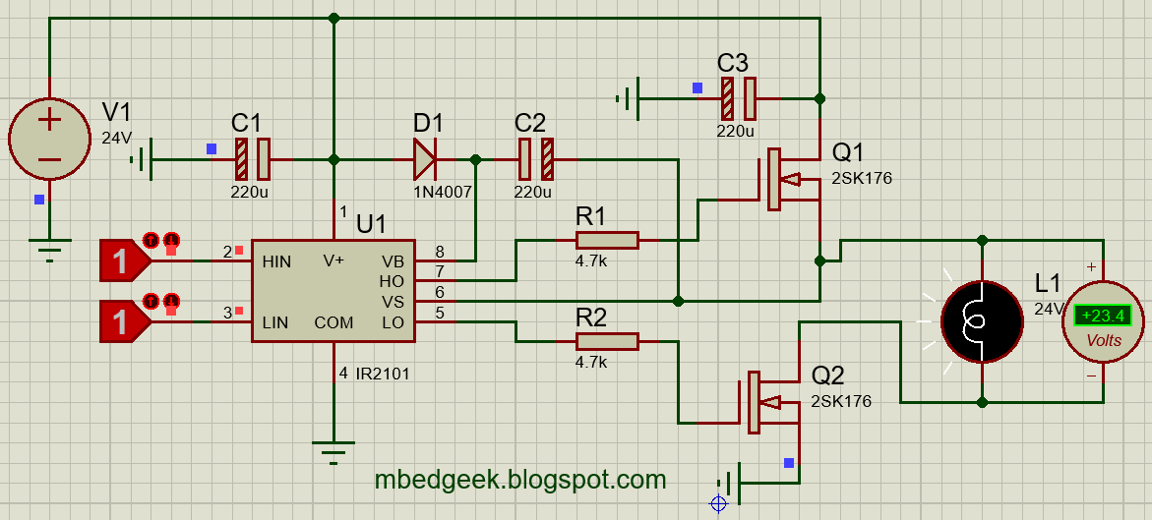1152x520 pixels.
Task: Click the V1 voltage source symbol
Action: (x=48, y=139)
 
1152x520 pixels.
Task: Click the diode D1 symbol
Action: (x=425, y=159)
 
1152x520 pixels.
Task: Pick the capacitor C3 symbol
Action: (x=738, y=98)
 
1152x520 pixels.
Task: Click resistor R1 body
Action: (x=607, y=241)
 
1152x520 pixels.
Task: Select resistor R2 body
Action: (x=607, y=341)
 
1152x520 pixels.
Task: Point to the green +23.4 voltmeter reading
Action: (x=1103, y=317)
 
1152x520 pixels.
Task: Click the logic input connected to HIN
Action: (x=123, y=261)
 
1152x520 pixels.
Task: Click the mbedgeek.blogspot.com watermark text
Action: (x=520, y=480)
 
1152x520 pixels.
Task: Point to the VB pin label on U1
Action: (x=392, y=262)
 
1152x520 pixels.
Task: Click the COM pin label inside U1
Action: (x=333, y=322)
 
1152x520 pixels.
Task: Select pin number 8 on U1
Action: (x=440, y=252)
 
